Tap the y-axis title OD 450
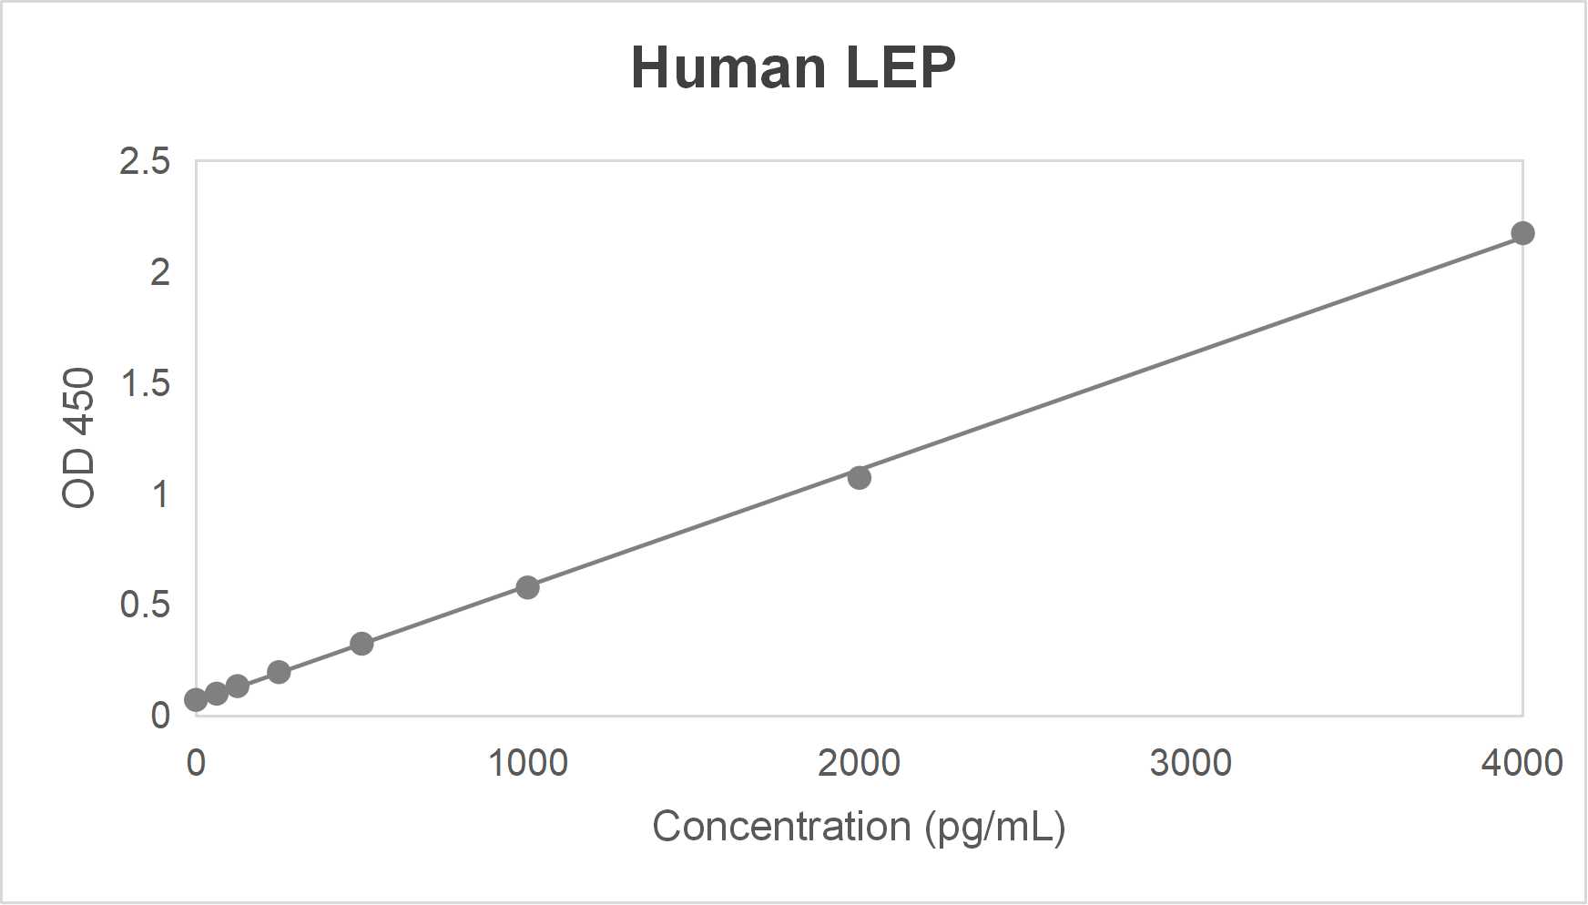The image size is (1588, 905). coord(79,438)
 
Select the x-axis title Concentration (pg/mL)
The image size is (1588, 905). coord(859,827)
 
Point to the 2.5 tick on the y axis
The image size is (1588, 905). coord(145,161)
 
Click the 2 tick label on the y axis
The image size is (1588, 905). coord(160,272)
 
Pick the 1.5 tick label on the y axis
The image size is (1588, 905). coord(145,383)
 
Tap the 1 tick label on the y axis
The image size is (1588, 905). coord(160,494)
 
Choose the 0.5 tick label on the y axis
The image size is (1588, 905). coord(145,605)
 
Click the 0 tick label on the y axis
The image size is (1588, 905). coord(160,716)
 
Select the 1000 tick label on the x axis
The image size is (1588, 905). coord(528,763)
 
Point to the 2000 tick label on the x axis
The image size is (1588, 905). coord(859,763)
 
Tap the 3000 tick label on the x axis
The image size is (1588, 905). coord(1190,763)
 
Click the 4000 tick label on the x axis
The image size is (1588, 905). coord(1522,763)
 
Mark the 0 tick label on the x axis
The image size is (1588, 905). coord(196,763)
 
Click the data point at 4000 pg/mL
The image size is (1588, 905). coord(1522,233)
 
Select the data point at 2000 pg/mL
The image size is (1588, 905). coord(859,477)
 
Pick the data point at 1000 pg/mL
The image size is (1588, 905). coord(527,587)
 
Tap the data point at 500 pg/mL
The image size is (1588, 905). coord(361,644)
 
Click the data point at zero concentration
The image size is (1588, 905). coord(196,699)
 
